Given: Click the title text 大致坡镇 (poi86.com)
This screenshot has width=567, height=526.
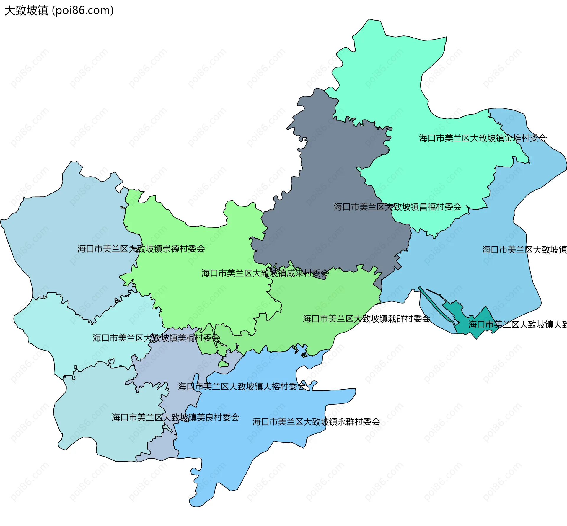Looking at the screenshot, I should point(59,11).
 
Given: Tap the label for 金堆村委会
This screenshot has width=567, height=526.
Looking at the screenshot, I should point(483,138).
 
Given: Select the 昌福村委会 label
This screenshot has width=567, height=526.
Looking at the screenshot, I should point(397,207).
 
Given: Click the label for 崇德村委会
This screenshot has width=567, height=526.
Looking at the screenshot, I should point(141,249).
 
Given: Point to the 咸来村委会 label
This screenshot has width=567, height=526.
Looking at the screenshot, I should point(265,273).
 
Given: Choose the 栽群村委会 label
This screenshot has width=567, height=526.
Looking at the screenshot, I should point(366,319).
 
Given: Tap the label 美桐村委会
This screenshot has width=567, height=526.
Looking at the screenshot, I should point(156,338).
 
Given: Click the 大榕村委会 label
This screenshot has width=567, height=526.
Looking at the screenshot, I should point(242,386).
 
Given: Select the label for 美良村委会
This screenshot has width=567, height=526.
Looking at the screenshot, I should point(175,417).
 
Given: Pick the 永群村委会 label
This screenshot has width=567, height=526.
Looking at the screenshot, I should point(316,422).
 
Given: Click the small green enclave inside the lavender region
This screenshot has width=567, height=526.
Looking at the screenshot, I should point(224,364).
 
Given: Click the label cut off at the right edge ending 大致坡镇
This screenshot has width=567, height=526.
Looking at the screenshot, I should point(524,250).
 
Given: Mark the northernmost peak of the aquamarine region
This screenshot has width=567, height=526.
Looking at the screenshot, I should point(369,20).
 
